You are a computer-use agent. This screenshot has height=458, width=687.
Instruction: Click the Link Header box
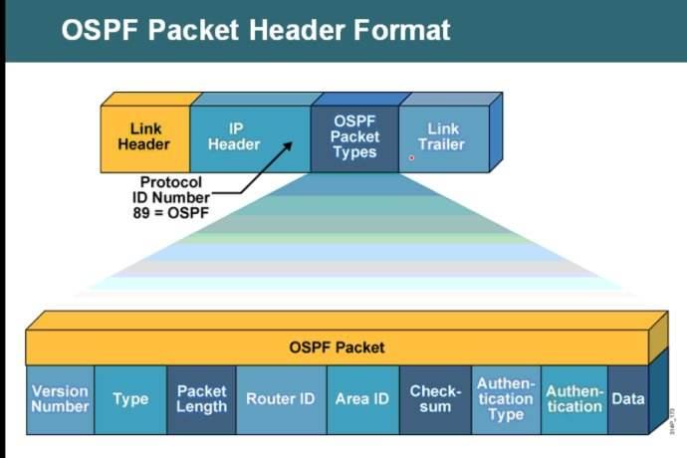click(x=144, y=137)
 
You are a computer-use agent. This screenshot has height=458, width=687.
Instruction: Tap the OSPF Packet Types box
click(x=354, y=137)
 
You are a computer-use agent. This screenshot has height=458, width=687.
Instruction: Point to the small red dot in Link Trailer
click(x=411, y=157)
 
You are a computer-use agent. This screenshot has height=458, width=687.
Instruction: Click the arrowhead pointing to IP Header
click(x=290, y=146)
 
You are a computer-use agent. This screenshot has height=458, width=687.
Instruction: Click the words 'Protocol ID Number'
click(x=170, y=190)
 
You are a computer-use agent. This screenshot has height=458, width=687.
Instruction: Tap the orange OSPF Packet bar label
click(x=337, y=347)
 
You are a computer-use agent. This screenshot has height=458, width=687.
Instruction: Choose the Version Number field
click(x=60, y=399)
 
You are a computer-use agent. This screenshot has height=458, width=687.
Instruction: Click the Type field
click(x=130, y=399)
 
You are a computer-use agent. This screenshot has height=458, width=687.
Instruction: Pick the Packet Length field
click(x=201, y=399)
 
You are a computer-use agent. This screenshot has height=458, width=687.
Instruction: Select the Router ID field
click(x=280, y=399)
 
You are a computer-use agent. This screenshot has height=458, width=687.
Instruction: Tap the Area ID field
click(x=361, y=399)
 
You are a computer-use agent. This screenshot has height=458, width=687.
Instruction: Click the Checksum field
click(x=435, y=399)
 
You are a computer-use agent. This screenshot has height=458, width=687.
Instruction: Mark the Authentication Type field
click(x=505, y=399)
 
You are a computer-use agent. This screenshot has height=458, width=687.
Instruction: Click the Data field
click(x=628, y=399)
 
